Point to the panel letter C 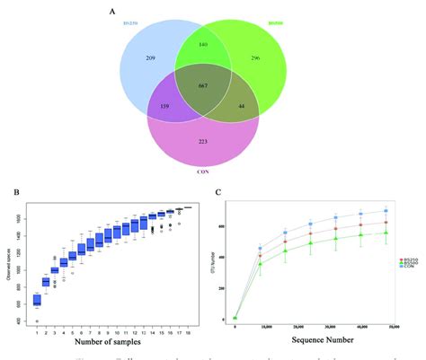pos(219,192)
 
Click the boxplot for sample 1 pos(37,300)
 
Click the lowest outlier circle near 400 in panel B pos(37,320)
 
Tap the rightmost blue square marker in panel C pos(386,212)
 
